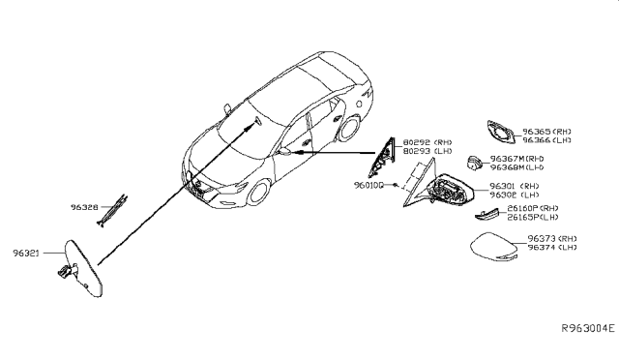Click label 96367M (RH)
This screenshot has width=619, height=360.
517,158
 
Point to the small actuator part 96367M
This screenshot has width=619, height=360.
474,162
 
